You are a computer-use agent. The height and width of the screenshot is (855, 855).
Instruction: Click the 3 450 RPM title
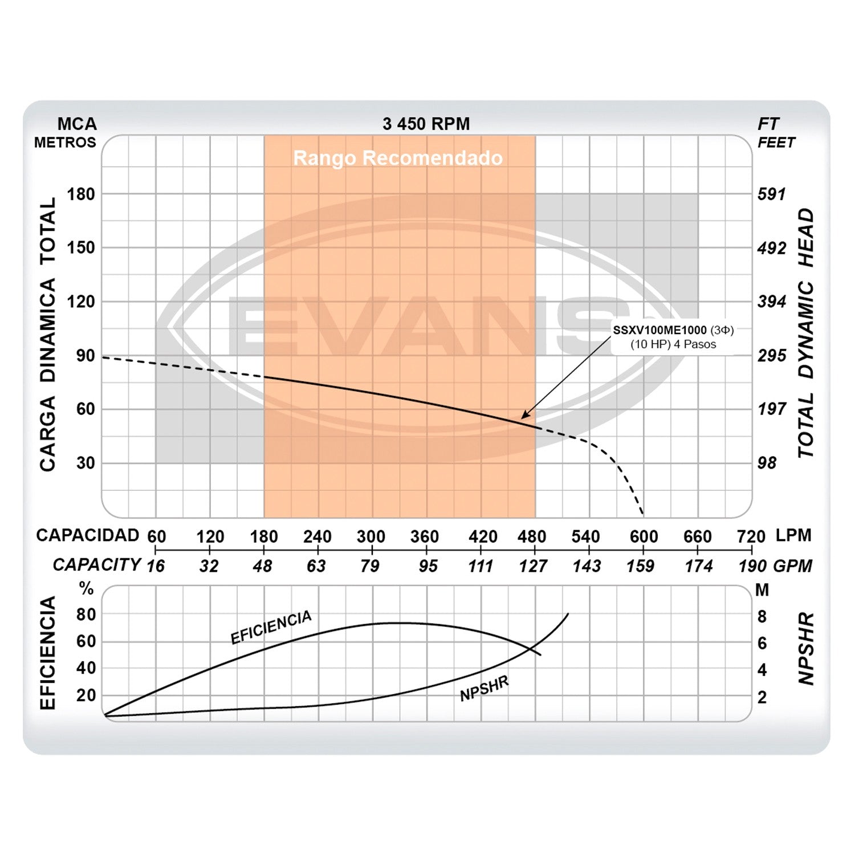point(426,124)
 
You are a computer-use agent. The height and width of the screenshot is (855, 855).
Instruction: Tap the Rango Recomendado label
point(398,158)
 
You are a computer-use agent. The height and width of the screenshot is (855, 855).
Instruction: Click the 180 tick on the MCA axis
point(81,194)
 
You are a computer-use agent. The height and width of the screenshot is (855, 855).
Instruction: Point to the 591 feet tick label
point(772,194)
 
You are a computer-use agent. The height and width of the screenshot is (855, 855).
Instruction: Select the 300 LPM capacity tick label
point(371,536)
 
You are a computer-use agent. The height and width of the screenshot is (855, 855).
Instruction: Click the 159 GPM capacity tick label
point(640,566)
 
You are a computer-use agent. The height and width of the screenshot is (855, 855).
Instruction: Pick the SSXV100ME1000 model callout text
point(659,330)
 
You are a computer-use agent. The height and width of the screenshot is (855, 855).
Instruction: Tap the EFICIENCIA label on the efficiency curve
point(271,626)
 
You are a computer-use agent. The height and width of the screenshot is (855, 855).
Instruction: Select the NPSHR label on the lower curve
point(484,689)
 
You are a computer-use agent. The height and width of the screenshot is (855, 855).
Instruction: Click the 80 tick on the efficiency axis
point(86,614)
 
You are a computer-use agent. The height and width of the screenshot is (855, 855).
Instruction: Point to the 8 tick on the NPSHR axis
point(762,617)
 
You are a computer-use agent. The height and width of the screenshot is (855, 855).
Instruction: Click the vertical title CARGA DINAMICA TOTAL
point(48,335)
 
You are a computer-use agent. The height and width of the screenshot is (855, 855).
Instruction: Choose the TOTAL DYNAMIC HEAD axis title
point(805,333)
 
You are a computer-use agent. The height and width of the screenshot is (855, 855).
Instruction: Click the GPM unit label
point(793,566)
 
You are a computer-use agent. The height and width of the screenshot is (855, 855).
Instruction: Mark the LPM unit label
point(793,535)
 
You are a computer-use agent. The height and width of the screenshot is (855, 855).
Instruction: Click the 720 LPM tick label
point(751,536)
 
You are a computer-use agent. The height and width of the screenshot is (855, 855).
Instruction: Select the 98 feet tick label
point(767,463)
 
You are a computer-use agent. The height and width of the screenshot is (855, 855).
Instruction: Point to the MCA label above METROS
point(77,124)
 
